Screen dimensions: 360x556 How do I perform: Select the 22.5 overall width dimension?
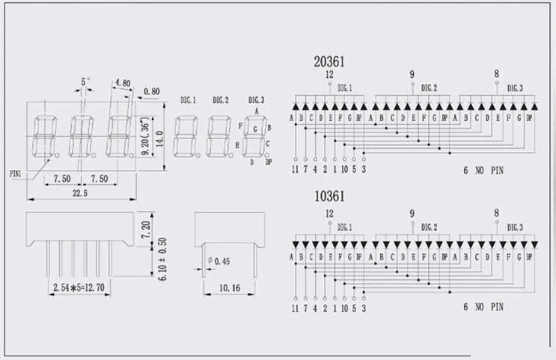click(x=79, y=193)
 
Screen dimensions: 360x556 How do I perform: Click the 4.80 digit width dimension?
click(x=122, y=83)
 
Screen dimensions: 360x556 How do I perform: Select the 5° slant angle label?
click(x=85, y=81)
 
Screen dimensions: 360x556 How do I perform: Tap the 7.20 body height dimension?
click(x=147, y=225)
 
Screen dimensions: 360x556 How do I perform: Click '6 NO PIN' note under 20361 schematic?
click(x=483, y=171)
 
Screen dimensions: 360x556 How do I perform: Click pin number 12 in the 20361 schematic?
click(x=329, y=75)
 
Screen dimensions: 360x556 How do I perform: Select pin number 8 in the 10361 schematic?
click(x=496, y=213)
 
